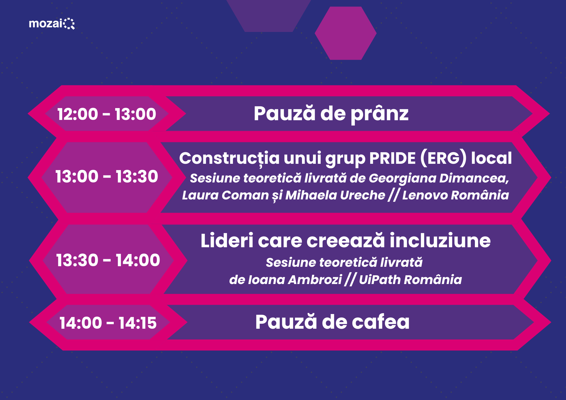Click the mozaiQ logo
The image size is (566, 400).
[x=52, y=23]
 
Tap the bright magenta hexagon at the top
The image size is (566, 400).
[x=346, y=33]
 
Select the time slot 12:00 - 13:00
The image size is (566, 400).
[x=107, y=114]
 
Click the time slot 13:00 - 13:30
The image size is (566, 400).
[x=107, y=177]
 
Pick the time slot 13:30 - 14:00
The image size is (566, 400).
[x=108, y=260]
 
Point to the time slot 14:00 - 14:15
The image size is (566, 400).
[x=108, y=323]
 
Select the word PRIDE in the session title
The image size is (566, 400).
[x=393, y=158]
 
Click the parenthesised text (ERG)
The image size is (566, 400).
[x=443, y=158]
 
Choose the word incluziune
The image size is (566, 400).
[x=440, y=240]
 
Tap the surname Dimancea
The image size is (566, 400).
[x=474, y=178]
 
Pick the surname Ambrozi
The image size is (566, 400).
[x=315, y=280]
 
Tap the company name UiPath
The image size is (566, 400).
[x=380, y=280]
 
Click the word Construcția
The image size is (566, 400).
[x=230, y=158]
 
